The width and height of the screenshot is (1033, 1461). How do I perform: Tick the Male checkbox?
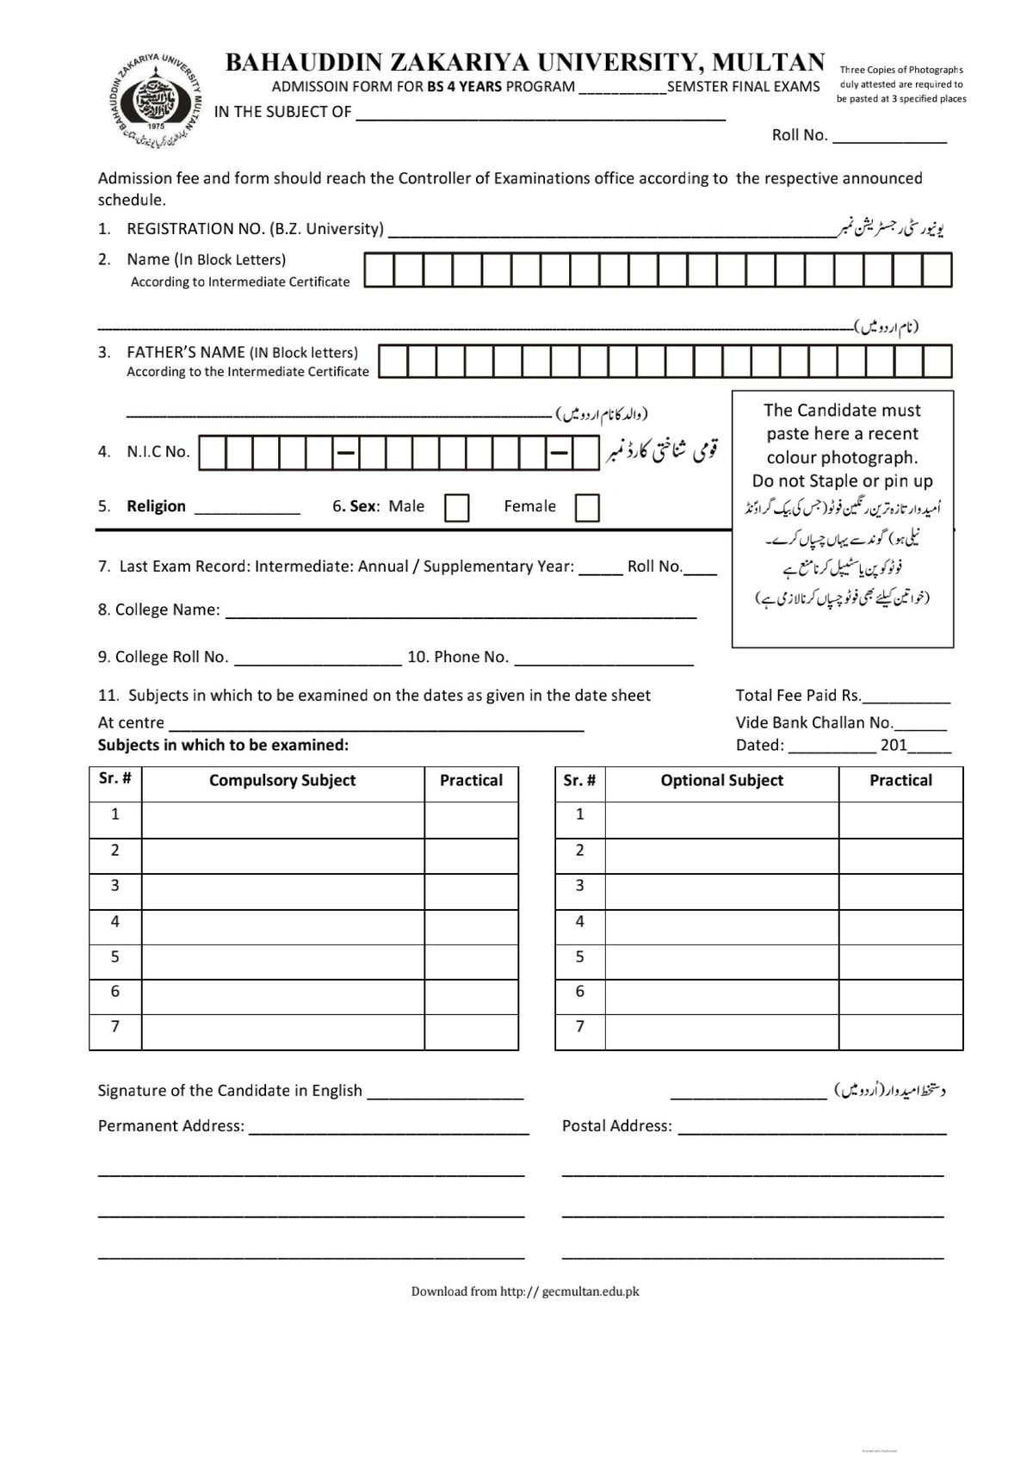click(x=456, y=508)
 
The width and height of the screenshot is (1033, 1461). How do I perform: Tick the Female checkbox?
click(x=586, y=508)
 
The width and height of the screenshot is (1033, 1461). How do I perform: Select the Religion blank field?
click(x=247, y=507)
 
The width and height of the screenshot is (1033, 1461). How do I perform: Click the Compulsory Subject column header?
click(x=282, y=781)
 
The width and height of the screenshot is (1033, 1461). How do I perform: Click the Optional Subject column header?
click(x=721, y=781)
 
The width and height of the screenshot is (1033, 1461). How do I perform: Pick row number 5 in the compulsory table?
click(x=115, y=956)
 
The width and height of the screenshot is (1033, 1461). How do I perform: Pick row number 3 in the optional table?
click(x=579, y=886)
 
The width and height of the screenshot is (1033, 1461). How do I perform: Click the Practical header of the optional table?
click(x=900, y=781)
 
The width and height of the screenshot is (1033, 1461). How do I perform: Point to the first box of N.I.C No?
click(x=213, y=453)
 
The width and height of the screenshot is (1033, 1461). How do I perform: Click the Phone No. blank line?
click(x=603, y=659)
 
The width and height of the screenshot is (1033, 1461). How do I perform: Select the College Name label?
click(x=158, y=610)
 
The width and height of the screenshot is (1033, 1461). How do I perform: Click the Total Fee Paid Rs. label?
click(x=797, y=696)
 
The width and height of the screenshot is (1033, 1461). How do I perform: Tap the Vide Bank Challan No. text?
click(x=813, y=723)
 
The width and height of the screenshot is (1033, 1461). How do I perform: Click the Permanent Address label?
click(x=170, y=1126)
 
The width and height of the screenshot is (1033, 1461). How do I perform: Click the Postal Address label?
click(x=616, y=1126)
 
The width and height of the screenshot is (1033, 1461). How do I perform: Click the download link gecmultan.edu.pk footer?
click(x=525, y=1291)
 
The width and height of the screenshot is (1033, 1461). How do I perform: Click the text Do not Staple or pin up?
click(x=842, y=481)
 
